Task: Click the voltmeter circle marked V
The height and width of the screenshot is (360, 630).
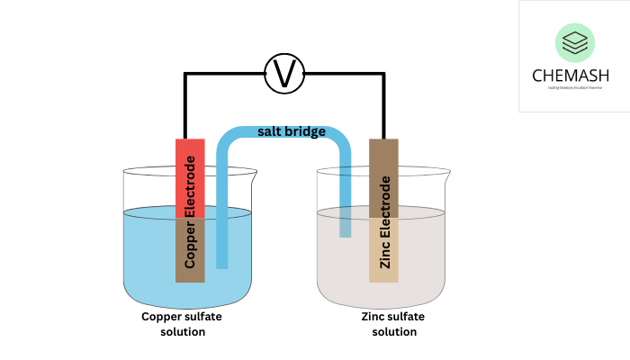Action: [284, 73]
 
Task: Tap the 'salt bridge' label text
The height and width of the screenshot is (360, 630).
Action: [291, 131]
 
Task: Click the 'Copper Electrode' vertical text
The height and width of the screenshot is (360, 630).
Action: [190, 212]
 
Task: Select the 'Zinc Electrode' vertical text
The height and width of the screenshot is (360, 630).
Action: [385, 222]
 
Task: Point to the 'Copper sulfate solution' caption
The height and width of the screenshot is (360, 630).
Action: [181, 324]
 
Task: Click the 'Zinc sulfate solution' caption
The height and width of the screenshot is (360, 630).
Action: [393, 324]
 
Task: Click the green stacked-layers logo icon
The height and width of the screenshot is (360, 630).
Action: [573, 42]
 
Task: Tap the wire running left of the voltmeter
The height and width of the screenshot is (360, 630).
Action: [225, 73]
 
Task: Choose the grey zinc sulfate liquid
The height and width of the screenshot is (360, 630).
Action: [423, 261]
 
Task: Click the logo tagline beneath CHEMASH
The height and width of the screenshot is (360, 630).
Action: [573, 87]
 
